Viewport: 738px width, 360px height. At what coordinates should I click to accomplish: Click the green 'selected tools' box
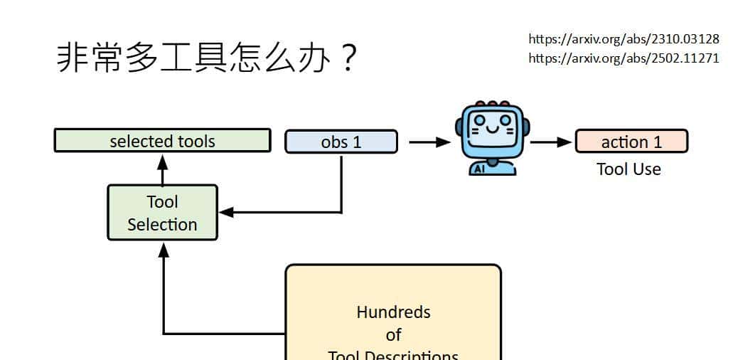coord(162,141)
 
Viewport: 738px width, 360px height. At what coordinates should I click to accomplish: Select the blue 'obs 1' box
coord(341,142)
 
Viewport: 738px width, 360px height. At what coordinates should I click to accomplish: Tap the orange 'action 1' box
coord(631,142)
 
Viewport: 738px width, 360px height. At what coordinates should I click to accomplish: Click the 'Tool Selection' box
coord(162,213)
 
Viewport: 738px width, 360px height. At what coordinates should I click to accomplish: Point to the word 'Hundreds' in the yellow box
coord(393,312)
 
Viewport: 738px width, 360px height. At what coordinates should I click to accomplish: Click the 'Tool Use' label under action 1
coord(629,169)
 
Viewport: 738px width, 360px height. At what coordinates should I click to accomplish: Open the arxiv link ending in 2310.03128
coord(624,38)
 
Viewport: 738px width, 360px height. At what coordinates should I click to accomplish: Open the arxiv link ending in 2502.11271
coord(624,58)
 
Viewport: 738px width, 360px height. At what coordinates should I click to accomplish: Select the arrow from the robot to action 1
coord(551,142)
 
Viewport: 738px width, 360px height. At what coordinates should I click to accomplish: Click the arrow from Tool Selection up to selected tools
coord(162,169)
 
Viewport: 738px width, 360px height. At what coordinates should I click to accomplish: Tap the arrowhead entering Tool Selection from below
coord(164,250)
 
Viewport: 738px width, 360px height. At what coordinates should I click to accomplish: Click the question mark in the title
coord(347,59)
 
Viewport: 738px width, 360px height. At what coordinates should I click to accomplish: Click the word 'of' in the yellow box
coord(393,334)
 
